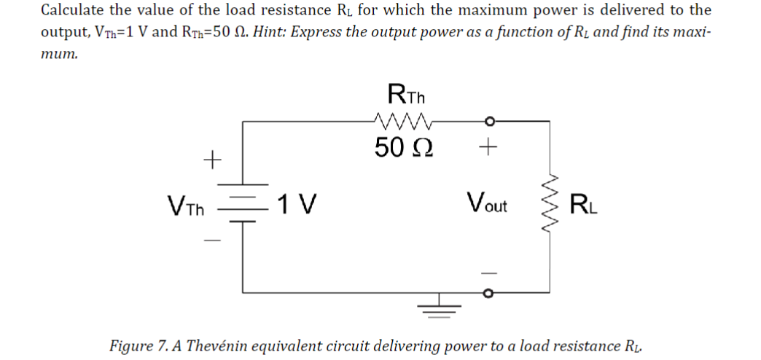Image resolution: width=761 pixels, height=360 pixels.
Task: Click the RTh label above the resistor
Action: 407,95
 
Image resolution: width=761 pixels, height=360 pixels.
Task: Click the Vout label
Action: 488,203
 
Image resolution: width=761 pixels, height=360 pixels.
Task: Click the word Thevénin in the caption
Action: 222,345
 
